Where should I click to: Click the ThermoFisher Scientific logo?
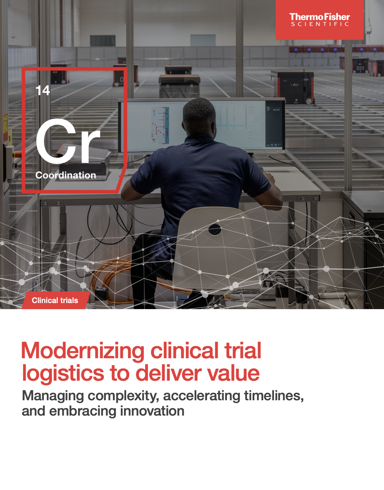pos(320,20)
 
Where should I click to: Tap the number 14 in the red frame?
pos(43,90)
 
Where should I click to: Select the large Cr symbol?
pos(68,141)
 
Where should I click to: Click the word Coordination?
pos(66,175)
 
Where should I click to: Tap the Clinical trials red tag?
pos(55,301)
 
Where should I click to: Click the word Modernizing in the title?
pos(83,351)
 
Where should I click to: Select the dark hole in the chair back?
pos(215,230)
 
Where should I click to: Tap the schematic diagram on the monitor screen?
pos(160,125)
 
